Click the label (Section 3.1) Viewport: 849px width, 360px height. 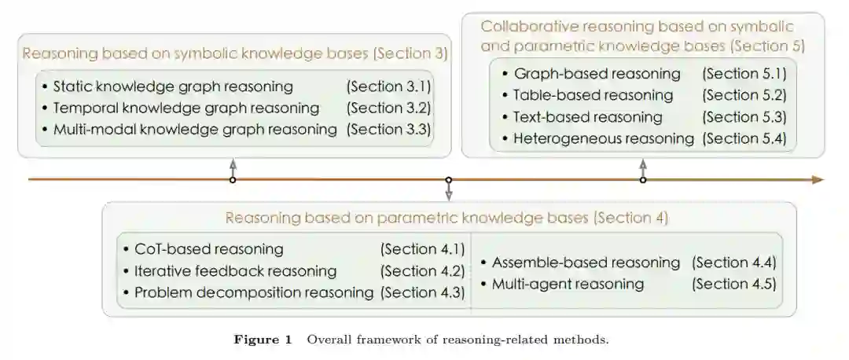[388, 86]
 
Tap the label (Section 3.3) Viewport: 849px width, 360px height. [388, 128]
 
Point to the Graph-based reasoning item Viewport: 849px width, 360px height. [597, 74]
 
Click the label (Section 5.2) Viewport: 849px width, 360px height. [744, 95]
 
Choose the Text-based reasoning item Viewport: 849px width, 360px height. [587, 117]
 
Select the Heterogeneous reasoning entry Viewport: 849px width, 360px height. [603, 139]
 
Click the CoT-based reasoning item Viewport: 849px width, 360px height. [208, 249]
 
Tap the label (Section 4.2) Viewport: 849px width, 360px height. [422, 271]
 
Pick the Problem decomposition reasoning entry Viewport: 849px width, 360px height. [253, 292]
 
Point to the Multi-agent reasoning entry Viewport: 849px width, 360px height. [567, 283]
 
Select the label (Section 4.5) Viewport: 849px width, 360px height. [733, 283]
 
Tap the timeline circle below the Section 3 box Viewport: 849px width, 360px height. [232, 180]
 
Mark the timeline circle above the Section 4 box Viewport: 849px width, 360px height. [449, 180]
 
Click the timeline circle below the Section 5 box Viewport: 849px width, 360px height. [643, 180]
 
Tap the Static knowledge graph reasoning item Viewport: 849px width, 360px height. [172, 86]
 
